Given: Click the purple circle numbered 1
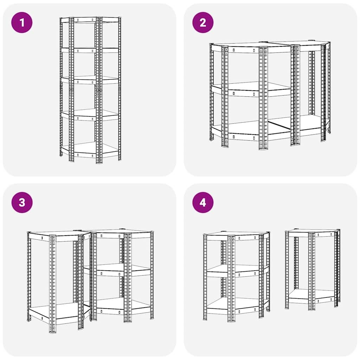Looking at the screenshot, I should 22,22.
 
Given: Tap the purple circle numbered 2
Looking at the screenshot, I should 203,22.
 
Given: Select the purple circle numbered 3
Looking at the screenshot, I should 22,202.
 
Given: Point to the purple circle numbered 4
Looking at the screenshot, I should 203,202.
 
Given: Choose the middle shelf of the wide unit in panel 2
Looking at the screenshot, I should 246,90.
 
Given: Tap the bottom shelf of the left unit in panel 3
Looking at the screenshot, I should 56,311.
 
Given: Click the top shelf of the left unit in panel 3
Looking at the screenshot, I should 56,234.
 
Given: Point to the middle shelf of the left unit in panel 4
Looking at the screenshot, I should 236,270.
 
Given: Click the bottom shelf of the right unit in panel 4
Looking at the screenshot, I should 311,295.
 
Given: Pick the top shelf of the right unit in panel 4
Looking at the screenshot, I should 311,232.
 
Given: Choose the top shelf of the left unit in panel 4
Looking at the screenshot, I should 236,235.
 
